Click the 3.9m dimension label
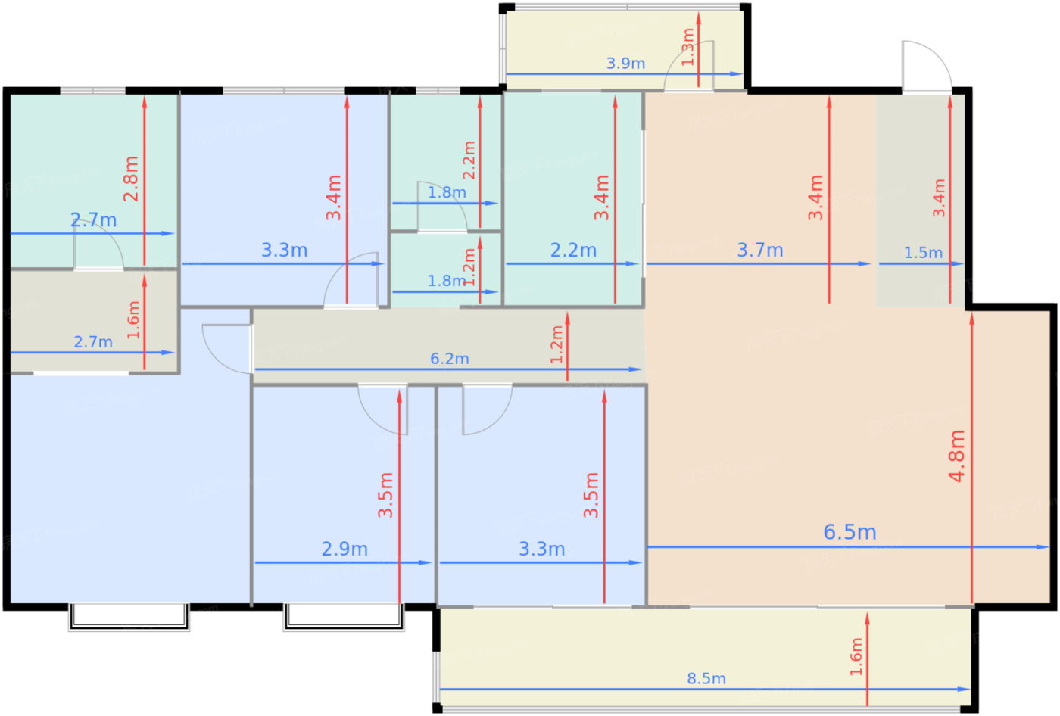point(625,63)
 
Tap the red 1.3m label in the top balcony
point(687,47)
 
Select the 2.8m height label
point(131,179)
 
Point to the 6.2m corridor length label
point(450,359)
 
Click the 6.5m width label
point(850,532)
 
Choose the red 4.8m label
point(957,456)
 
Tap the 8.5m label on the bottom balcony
point(706,679)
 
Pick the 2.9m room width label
point(344,549)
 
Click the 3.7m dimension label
point(760,251)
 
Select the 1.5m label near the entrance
point(923,253)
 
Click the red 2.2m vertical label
point(469,160)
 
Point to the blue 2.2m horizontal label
point(573,251)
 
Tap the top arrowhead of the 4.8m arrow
point(972,319)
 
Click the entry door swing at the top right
point(927,66)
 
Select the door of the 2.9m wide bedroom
point(383,409)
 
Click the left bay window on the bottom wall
point(129,617)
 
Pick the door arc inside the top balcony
point(689,65)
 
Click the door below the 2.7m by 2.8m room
point(99,245)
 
